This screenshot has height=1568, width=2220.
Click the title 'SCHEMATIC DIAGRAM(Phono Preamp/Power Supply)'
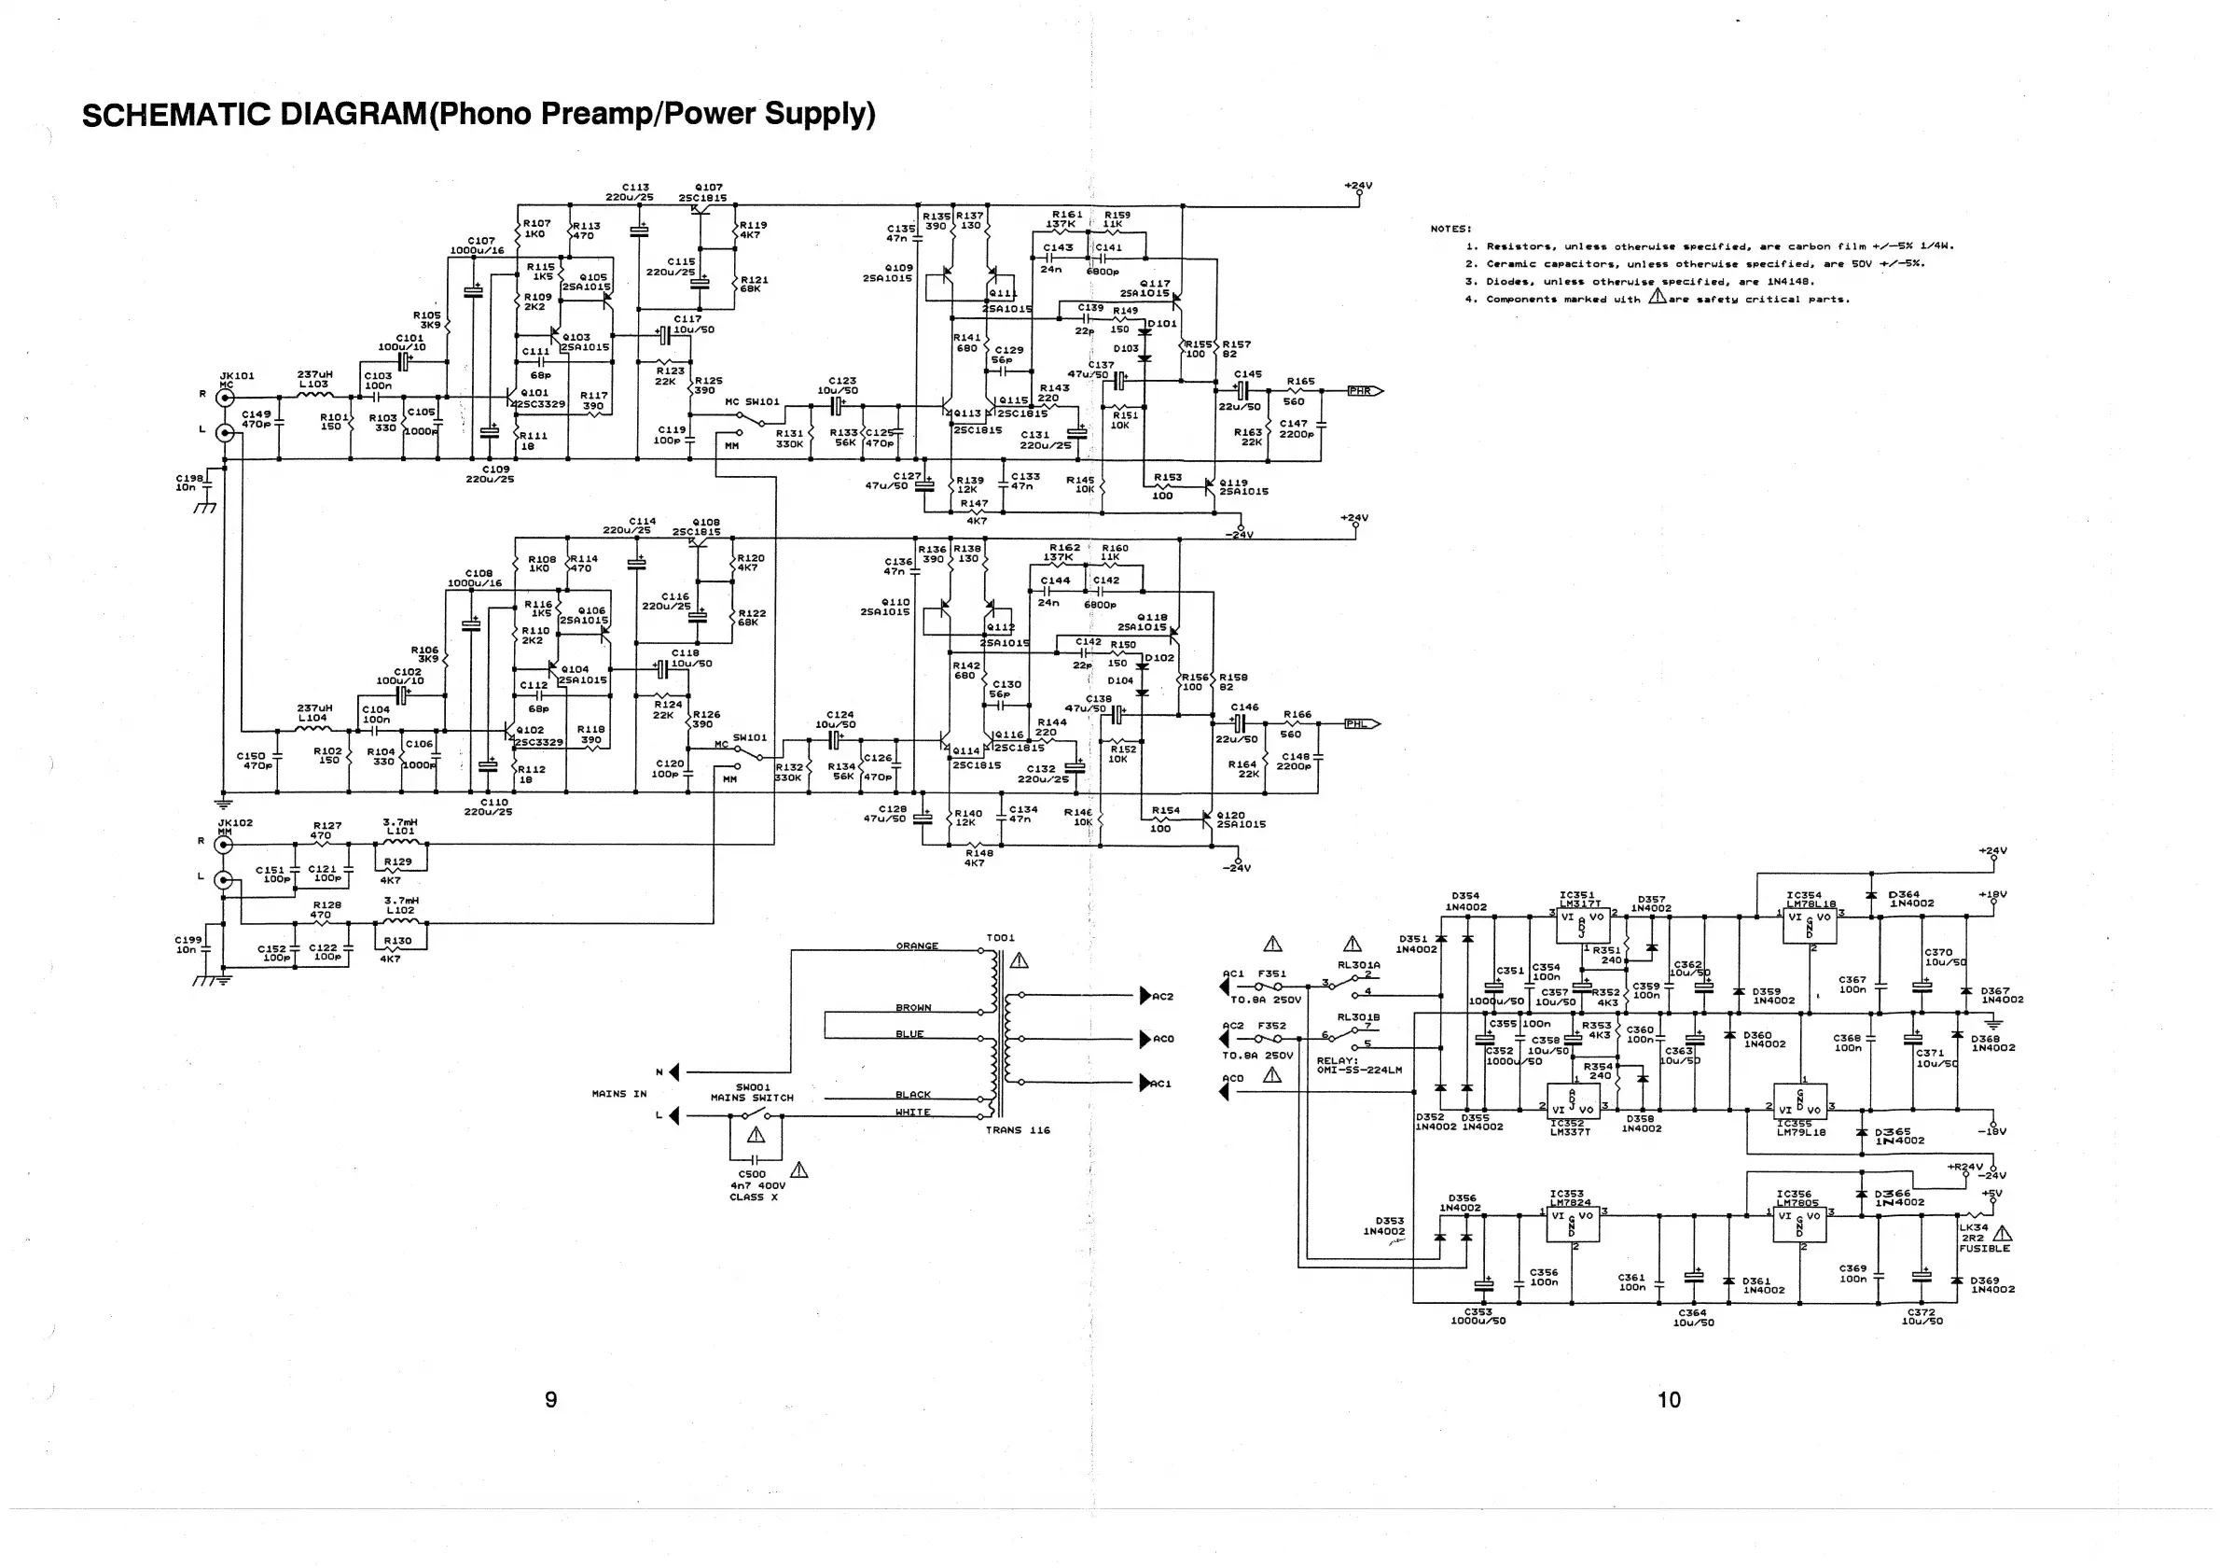(479, 114)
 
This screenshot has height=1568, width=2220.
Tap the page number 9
(551, 1400)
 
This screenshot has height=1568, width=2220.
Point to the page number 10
(1669, 1400)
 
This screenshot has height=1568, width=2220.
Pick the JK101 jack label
(237, 375)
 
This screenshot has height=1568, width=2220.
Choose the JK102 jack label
(235, 822)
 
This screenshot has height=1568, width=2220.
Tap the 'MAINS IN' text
(618, 1094)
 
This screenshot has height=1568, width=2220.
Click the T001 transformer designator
(1001, 937)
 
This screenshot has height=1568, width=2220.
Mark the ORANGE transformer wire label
(917, 946)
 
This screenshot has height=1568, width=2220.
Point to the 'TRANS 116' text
(1017, 1130)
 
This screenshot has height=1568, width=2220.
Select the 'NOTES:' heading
(1450, 230)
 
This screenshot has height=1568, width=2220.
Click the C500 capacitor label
(751, 1174)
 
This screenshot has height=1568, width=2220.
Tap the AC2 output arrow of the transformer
(1146, 995)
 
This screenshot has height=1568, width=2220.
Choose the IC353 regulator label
(1566, 1194)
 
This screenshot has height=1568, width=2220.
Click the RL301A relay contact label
(1358, 964)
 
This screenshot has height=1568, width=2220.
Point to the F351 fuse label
(1271, 974)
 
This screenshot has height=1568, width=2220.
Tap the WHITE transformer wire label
(913, 1113)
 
